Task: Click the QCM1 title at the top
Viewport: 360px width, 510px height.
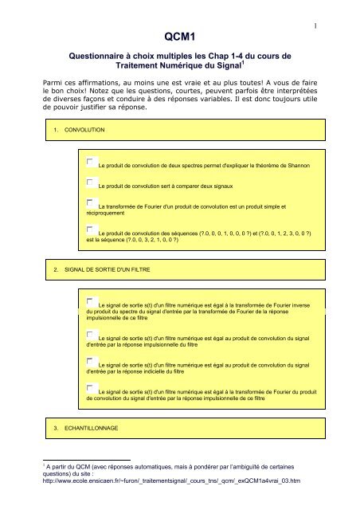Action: (x=179, y=37)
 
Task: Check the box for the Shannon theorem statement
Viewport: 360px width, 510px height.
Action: (x=92, y=163)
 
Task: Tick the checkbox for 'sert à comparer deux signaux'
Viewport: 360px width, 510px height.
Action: (x=92, y=183)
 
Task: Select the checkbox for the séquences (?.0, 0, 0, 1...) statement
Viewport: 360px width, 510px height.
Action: (x=92, y=230)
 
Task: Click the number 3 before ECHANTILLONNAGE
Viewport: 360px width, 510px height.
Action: (x=53, y=429)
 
